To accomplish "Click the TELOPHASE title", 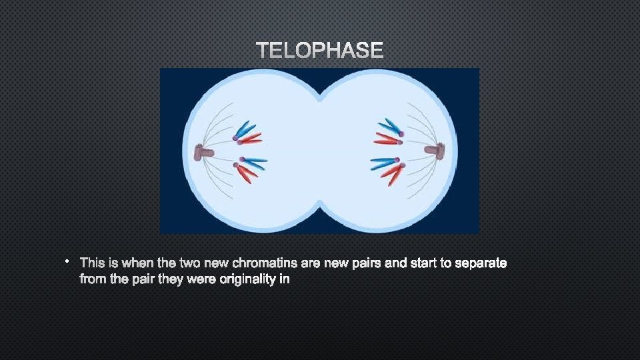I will pyautogui.click(x=320, y=51).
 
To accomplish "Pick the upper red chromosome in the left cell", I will pyautogui.click(x=251, y=139).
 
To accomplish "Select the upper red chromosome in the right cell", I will pyautogui.click(x=386, y=139).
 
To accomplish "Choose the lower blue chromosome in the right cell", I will pyautogui.click(x=383, y=162).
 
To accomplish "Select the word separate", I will pyautogui.click(x=481, y=263).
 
